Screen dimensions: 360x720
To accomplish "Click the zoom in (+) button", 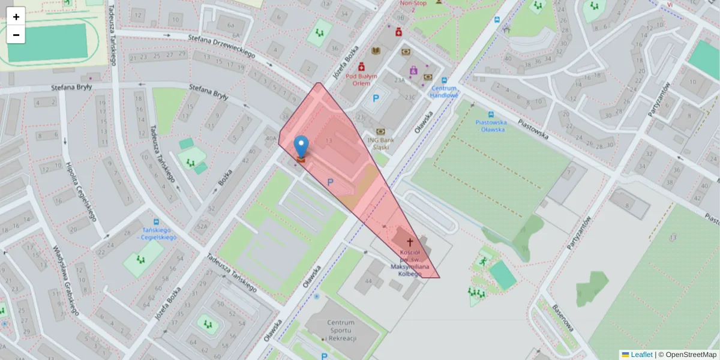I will (x=16, y=17).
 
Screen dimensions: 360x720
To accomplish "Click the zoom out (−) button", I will (x=16, y=35).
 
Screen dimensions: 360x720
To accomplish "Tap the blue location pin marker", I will (x=301, y=146).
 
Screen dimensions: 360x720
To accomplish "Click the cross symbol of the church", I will (x=410, y=242).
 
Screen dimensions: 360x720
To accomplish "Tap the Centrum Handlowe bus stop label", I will (x=444, y=91).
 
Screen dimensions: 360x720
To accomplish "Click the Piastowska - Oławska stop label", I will (x=491, y=125).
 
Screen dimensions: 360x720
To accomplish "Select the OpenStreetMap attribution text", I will (x=688, y=355).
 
